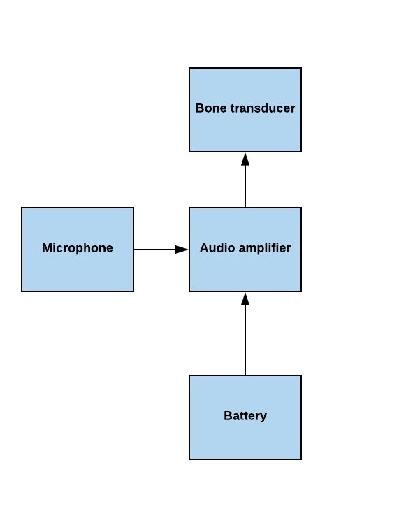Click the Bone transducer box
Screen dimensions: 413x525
[245, 110]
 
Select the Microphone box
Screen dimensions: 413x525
[78, 250]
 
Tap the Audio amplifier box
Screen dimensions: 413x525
[245, 250]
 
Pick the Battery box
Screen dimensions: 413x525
[245, 417]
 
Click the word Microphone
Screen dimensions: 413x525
[78, 248]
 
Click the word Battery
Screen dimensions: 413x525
[245, 416]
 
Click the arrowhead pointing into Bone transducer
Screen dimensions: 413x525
[245, 159]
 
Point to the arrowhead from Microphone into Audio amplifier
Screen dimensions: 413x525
[182, 250]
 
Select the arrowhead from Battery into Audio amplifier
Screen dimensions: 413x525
[245, 299]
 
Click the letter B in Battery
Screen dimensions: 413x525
[228, 415]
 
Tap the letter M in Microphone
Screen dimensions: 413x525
[48, 248]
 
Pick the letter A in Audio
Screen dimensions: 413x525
[204, 248]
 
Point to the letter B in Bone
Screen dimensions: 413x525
[200, 108]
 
